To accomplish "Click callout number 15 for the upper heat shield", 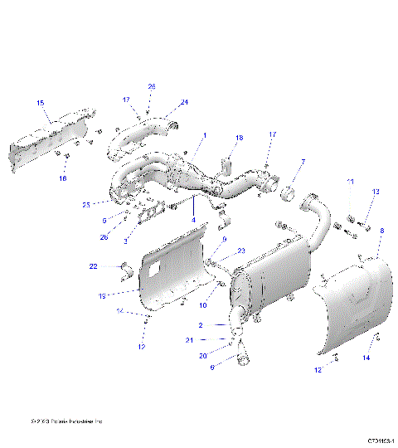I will coord(40,102).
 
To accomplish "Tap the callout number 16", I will coord(62,178).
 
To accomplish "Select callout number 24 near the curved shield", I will coord(184,102).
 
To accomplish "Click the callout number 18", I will coord(239,138).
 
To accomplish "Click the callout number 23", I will coord(241,251).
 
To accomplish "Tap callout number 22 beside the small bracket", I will coord(94,265).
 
